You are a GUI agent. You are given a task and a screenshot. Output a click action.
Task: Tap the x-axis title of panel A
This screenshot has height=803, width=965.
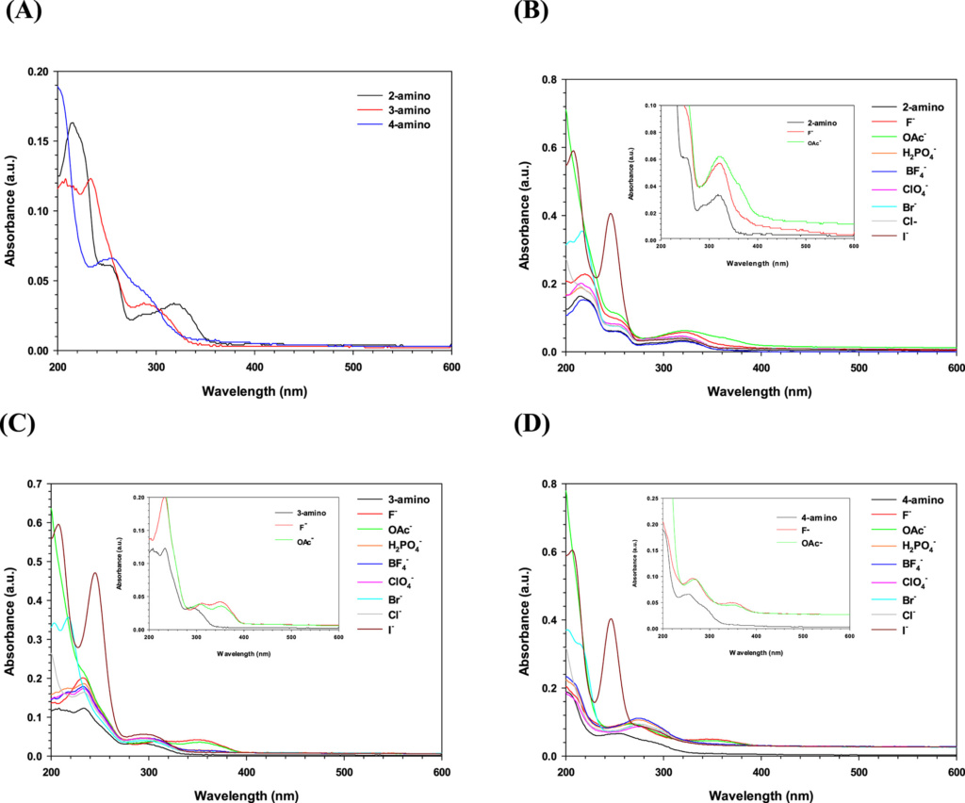(x=254, y=389)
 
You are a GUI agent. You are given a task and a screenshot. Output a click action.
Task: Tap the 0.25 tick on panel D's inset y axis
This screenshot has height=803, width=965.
(x=651, y=523)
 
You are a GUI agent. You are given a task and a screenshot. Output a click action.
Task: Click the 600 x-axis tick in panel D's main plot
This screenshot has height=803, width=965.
(x=954, y=772)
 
